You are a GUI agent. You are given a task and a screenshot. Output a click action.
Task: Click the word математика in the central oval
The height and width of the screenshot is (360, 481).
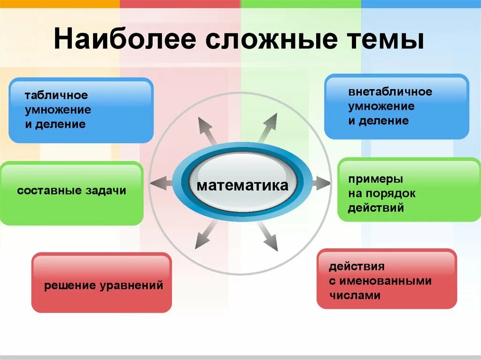tap(242, 185)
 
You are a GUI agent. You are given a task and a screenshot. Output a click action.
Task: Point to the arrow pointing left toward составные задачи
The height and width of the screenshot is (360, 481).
tap(162, 183)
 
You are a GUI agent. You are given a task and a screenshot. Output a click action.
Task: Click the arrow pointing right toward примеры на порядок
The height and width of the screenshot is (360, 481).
tap(321, 183)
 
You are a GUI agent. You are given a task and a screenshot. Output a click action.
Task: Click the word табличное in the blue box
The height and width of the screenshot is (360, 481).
tap(56, 96)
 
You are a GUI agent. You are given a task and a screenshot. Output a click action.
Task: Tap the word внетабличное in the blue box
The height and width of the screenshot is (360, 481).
tap(390, 92)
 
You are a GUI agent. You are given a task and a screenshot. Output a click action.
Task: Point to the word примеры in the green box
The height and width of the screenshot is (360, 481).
tap(375, 179)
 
